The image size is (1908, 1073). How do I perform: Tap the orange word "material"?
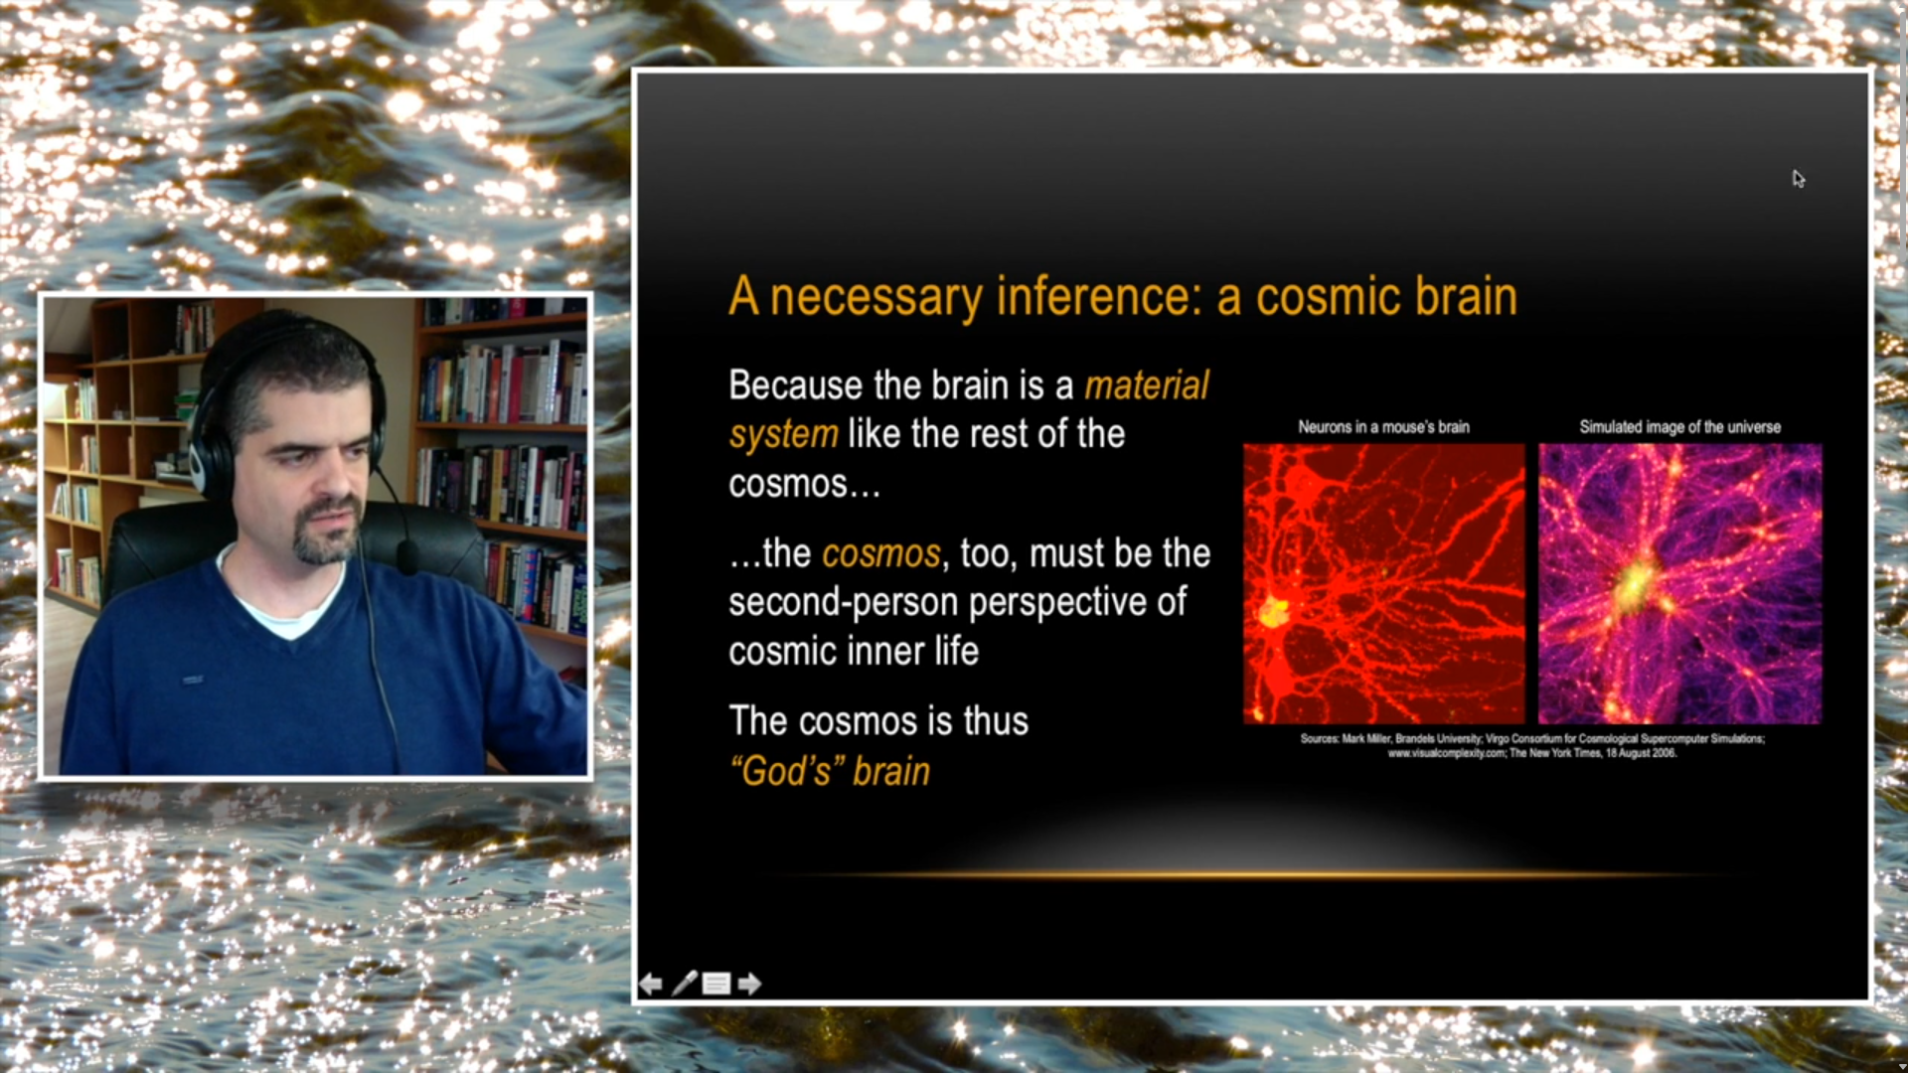click(1147, 385)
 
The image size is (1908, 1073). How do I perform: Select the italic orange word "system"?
click(784, 435)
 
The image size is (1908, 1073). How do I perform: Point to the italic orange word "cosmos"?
click(880, 553)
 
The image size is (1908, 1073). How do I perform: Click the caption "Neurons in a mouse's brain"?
click(1383, 427)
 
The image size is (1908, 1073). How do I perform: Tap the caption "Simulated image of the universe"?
click(1679, 427)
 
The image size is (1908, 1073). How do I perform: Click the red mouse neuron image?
click(1383, 584)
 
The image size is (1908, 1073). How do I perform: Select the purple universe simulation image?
click(1679, 584)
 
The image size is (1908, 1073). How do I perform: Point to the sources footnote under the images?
click(1532, 746)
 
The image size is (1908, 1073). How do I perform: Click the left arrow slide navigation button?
click(651, 984)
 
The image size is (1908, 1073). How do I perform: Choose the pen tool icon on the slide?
click(685, 984)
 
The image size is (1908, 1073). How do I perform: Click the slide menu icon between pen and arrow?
click(716, 984)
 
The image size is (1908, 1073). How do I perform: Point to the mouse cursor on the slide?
click(1798, 179)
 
